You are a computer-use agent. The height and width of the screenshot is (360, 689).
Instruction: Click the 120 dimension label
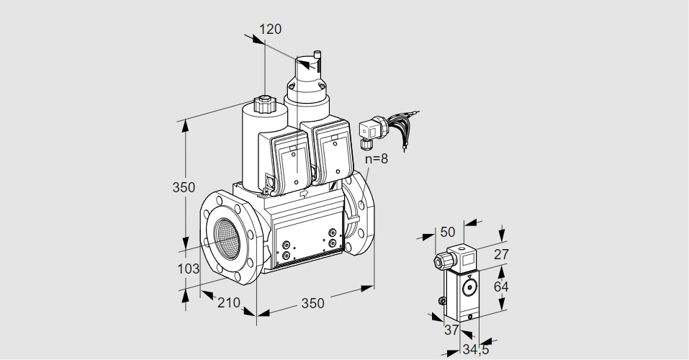[270, 30]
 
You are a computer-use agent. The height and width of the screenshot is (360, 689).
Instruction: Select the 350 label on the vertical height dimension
[184, 188]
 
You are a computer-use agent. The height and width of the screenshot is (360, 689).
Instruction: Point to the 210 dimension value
[228, 303]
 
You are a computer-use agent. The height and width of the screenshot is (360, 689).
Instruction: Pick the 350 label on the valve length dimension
[312, 303]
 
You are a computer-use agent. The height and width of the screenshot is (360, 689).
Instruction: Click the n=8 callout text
[375, 159]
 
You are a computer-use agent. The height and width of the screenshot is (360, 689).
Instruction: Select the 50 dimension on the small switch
[447, 232]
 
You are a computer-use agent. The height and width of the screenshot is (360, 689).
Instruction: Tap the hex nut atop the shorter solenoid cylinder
[265, 105]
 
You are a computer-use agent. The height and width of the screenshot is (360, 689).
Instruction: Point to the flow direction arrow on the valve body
[303, 194]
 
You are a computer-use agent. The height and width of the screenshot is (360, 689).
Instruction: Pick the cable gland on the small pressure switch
[439, 260]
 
